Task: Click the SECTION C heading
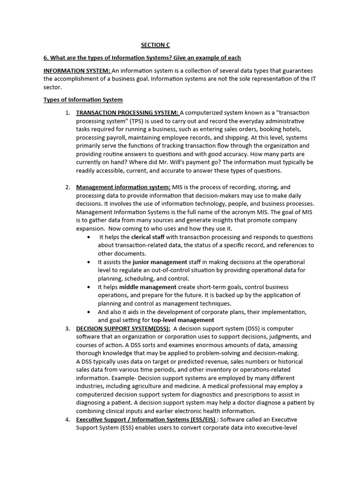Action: [x=155, y=45]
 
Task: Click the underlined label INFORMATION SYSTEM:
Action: [x=77, y=70]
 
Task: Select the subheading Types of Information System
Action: [x=83, y=100]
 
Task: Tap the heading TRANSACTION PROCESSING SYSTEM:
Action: [x=127, y=112]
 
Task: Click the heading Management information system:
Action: [x=123, y=187]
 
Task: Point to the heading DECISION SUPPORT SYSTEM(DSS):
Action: [x=123, y=329]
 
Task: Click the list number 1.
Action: [x=67, y=112]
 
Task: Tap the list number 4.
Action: [x=67, y=420]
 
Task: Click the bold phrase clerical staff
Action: [x=148, y=237]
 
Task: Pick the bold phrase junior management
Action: [x=160, y=262]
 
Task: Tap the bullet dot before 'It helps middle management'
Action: [x=90, y=287]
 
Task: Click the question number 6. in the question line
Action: [x=46, y=58]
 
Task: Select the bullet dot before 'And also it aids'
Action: [x=90, y=312]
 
